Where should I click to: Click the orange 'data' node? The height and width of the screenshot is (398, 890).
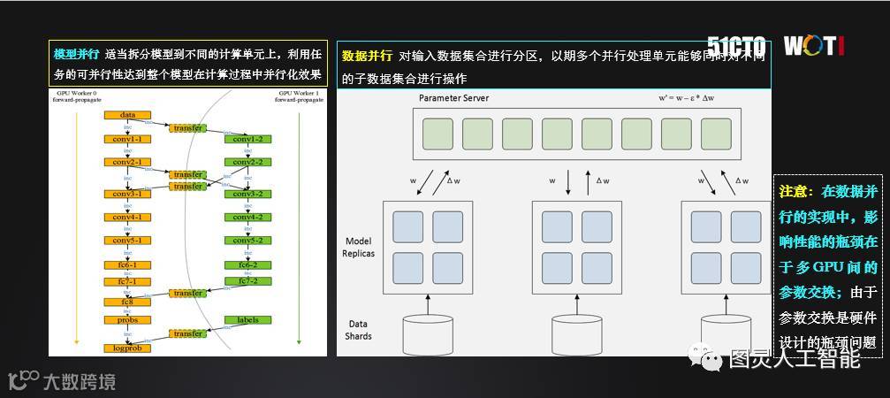coord(127,115)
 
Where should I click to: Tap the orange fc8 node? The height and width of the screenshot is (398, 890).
coord(127,302)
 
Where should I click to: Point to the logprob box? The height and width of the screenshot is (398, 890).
coord(127,348)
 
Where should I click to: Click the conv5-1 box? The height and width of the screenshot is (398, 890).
coord(127,241)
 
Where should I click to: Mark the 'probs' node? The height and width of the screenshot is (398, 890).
coord(127,320)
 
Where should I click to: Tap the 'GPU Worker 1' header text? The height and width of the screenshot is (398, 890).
coord(299,93)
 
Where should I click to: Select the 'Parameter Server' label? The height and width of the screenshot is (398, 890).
coord(453,98)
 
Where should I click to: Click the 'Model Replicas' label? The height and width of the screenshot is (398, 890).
coord(359,247)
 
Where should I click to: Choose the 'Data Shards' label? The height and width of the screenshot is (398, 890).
coord(359,330)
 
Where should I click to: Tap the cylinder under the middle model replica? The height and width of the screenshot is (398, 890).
coord(575,333)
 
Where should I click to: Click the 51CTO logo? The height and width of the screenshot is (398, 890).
coord(735,46)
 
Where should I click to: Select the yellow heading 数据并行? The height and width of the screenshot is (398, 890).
coord(367,56)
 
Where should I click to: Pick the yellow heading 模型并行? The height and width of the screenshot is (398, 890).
coord(74,55)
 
